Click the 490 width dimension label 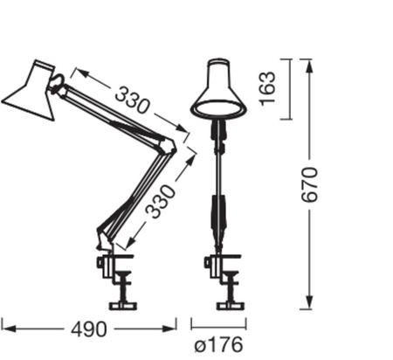89,329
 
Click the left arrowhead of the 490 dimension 5,329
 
